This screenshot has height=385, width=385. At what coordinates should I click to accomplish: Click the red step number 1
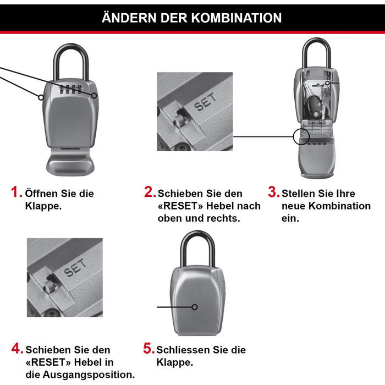16,193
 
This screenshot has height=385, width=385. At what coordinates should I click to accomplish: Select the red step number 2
150,193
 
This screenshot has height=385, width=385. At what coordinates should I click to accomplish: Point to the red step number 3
273,193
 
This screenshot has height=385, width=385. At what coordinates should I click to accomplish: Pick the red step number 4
17,349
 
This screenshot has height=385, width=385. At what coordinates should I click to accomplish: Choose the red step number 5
148,349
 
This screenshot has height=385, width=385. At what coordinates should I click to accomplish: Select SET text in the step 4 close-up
75,269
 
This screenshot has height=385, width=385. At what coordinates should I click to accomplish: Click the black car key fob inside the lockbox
314,106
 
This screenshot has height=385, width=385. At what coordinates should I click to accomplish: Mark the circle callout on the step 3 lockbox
301,136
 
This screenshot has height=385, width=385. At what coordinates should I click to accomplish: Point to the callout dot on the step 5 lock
195,307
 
